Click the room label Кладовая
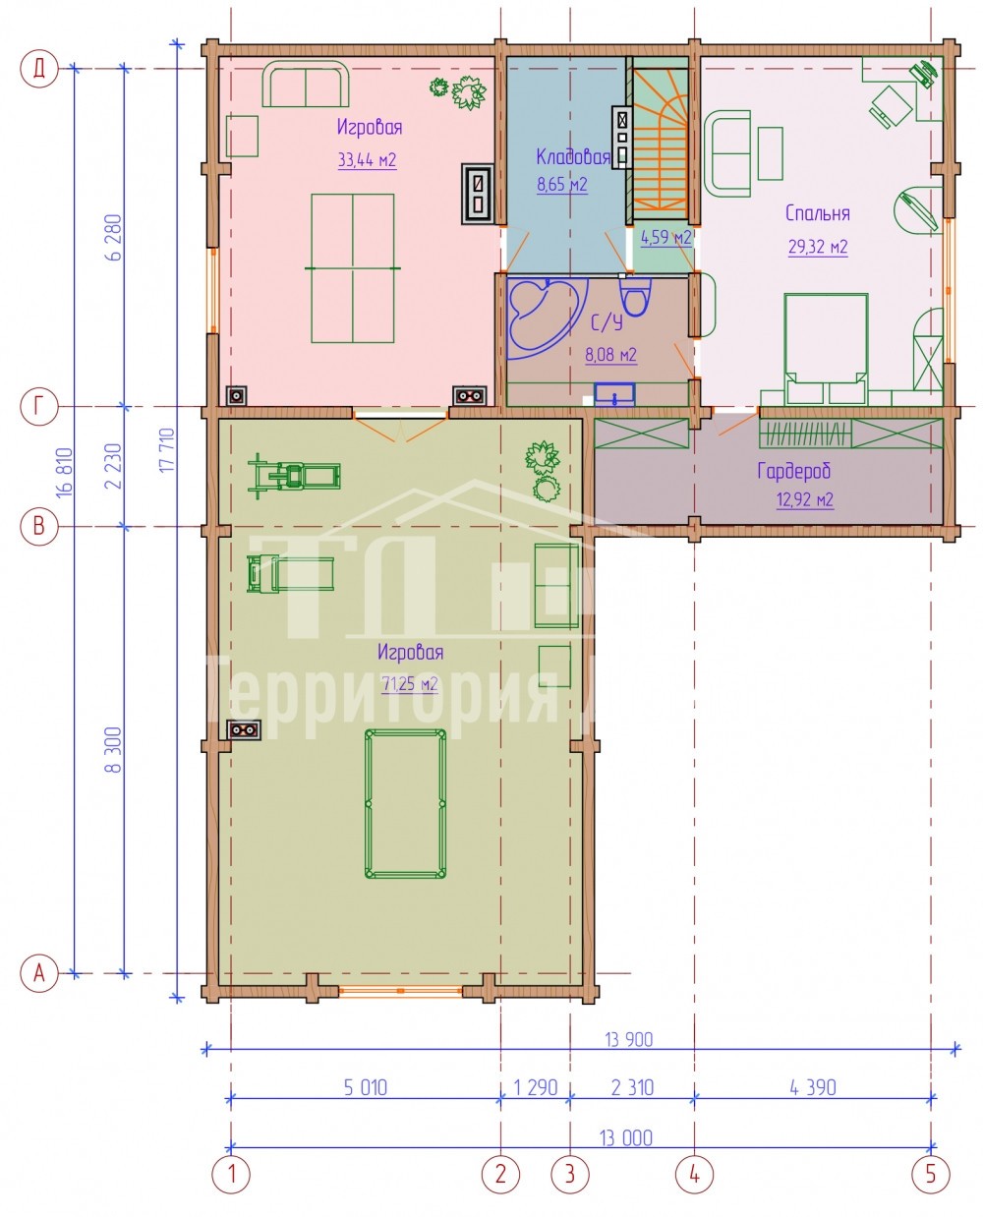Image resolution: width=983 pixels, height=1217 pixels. (x=572, y=156)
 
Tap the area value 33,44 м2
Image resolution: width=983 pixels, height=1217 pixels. (x=367, y=160)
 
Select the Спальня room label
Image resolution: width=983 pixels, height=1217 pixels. (x=817, y=213)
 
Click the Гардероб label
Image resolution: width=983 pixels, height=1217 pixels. (x=793, y=471)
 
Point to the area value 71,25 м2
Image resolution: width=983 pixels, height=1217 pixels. (x=410, y=684)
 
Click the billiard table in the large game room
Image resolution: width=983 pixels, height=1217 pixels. (x=405, y=803)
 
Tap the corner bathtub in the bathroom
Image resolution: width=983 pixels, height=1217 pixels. (x=547, y=319)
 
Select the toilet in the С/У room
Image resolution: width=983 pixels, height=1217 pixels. (x=635, y=297)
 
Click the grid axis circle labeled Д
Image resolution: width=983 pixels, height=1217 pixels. (x=39, y=69)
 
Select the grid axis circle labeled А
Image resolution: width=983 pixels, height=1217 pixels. (x=39, y=972)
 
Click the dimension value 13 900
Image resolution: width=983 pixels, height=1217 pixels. (x=628, y=1039)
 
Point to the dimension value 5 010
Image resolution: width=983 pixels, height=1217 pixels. (x=365, y=1087)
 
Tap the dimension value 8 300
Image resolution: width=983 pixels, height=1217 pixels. (x=114, y=750)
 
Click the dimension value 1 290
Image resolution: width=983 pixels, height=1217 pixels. (x=535, y=1087)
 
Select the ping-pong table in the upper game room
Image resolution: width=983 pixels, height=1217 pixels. (x=353, y=268)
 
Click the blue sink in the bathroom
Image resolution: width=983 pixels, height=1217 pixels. (x=614, y=395)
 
